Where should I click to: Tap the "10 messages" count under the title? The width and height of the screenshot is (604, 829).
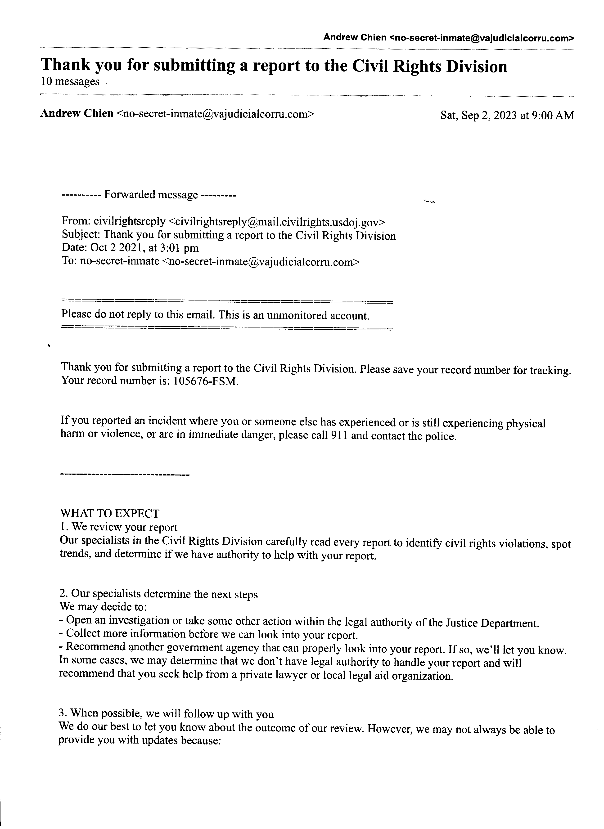(70, 81)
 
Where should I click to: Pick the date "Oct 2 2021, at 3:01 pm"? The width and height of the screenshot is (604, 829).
(144, 248)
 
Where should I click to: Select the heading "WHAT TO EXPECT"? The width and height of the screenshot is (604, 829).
(109, 514)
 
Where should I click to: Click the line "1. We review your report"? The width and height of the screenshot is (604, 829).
(119, 527)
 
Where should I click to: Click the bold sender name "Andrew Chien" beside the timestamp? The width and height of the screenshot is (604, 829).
(77, 114)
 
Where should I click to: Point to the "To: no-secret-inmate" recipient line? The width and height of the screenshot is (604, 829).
(210, 261)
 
